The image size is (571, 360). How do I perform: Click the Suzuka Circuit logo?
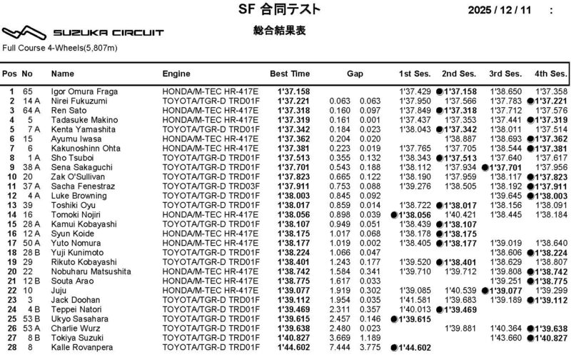coord(84,33)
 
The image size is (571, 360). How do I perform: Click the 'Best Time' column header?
coord(290,74)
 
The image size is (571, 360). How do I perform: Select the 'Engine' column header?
coord(176,74)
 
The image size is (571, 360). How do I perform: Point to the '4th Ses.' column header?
coord(550,74)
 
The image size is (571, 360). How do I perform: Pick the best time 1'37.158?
coord(293,92)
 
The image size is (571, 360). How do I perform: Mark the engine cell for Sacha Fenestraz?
coord(206,185)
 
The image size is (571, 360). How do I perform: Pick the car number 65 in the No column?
coord(28,92)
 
